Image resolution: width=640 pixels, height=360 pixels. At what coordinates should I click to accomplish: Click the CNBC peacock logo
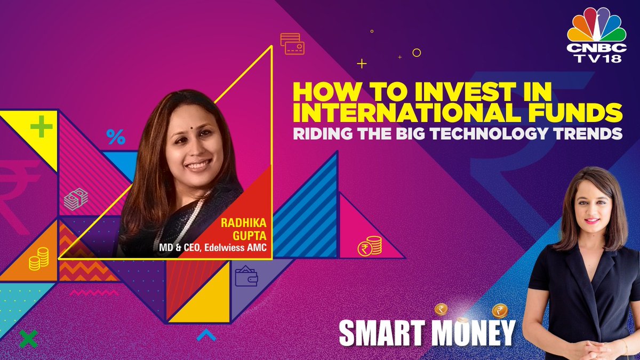[596, 28]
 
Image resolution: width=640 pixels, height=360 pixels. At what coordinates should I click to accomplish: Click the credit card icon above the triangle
[292, 44]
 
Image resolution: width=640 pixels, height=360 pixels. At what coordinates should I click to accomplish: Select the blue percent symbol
[115, 137]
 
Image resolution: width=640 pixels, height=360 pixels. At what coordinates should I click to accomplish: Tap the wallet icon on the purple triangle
[246, 276]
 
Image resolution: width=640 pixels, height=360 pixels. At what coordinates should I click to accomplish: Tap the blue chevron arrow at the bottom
[206, 335]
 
